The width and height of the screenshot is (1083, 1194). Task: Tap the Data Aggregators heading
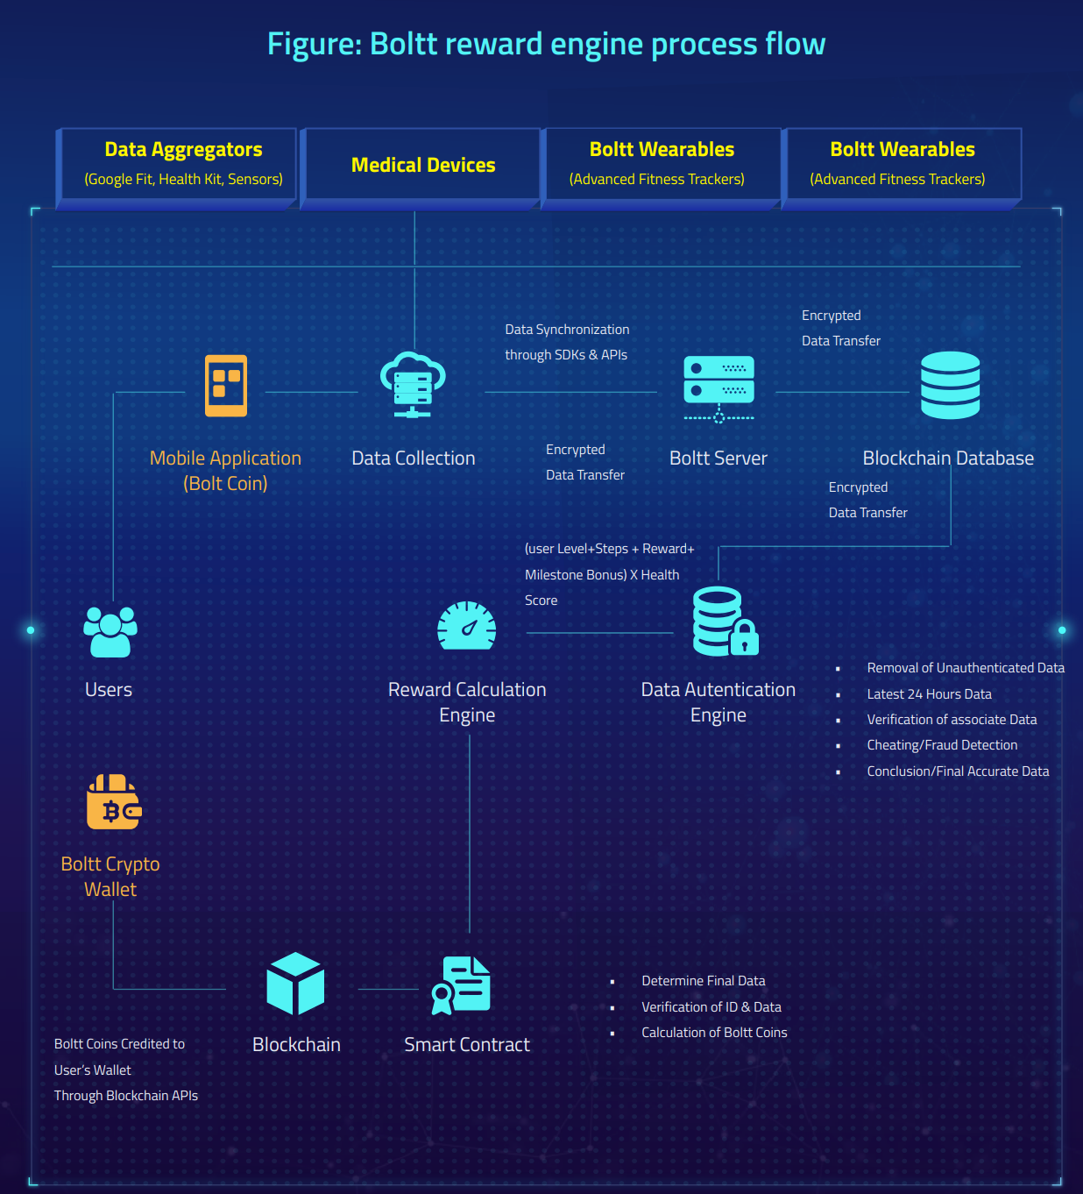(183, 149)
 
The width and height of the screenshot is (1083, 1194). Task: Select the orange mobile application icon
(225, 385)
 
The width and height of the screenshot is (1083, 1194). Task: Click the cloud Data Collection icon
(413, 385)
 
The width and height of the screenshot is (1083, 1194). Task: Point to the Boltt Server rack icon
(718, 389)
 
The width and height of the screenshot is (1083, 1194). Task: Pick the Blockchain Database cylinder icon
(950, 385)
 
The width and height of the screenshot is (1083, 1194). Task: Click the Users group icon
(110, 631)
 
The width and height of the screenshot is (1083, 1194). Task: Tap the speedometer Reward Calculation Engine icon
(466, 626)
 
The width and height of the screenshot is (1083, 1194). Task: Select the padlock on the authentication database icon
(744, 637)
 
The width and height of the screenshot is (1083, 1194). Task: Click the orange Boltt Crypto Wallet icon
(114, 802)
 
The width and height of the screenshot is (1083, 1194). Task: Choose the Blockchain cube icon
(295, 984)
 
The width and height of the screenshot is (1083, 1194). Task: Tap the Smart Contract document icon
(461, 985)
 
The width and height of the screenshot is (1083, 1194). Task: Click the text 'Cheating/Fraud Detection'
(942, 745)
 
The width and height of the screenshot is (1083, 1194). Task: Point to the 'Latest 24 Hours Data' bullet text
(929, 694)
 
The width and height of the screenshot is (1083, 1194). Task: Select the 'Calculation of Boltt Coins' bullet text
(714, 1033)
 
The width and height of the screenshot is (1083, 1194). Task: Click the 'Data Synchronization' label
(567, 330)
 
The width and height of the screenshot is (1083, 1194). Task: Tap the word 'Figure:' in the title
(315, 45)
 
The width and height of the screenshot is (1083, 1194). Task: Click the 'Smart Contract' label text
(466, 1045)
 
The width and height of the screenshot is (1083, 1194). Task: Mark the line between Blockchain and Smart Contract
(388, 989)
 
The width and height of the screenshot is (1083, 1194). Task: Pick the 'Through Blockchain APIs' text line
(125, 1096)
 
